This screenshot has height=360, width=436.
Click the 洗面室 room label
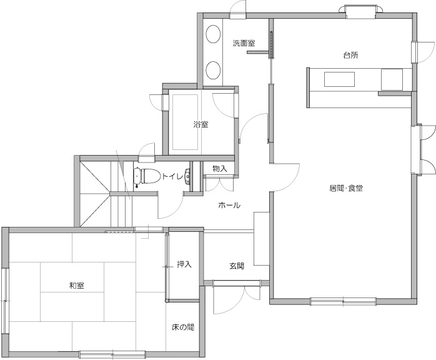(x=244, y=43)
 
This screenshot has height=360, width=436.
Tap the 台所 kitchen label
(x=350, y=56)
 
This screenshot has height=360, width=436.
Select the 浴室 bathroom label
(x=201, y=124)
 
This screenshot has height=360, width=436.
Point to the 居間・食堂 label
(x=346, y=188)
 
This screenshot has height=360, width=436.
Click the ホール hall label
(x=229, y=206)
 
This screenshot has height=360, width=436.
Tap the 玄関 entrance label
(x=237, y=266)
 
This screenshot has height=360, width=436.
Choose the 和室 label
(x=77, y=286)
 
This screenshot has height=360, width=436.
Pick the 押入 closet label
(x=184, y=264)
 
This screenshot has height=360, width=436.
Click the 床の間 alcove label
(x=183, y=327)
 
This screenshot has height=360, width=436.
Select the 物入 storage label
(x=220, y=169)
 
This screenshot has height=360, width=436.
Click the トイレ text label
(x=172, y=176)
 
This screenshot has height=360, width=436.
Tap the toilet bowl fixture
(x=147, y=176)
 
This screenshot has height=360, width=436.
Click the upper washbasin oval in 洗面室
(x=213, y=34)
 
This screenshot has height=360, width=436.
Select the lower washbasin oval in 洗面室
(x=213, y=70)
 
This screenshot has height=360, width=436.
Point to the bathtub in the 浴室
(x=185, y=122)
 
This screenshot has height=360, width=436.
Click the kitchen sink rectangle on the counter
(x=340, y=79)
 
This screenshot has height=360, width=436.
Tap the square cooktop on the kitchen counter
(x=392, y=79)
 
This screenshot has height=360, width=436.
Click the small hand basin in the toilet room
(x=187, y=177)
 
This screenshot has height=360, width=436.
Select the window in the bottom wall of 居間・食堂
(x=343, y=301)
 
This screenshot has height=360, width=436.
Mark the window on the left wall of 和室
(x=5, y=301)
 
